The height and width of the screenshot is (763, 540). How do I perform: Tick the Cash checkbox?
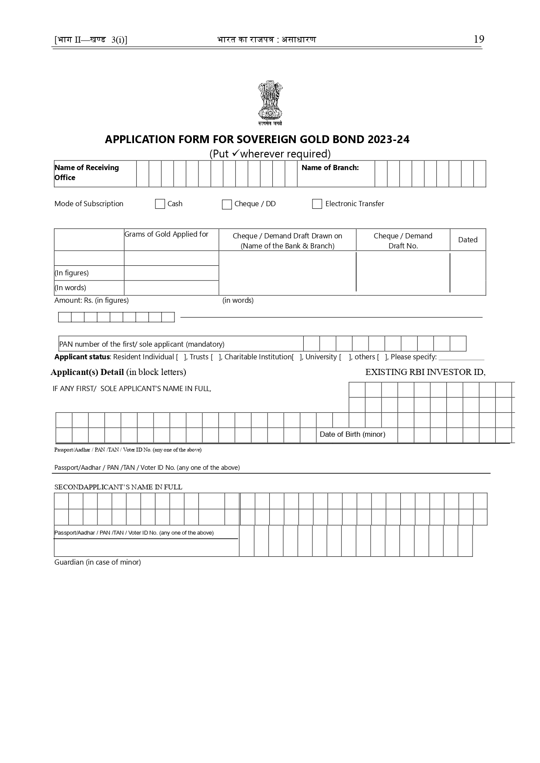click(160, 204)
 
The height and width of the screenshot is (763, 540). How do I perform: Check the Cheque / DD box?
click(227, 204)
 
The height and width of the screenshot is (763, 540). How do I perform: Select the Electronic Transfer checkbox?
click(317, 204)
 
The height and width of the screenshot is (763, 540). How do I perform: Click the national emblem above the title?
click(270, 102)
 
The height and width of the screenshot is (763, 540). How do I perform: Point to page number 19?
click(479, 39)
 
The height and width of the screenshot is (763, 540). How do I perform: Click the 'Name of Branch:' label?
click(330, 168)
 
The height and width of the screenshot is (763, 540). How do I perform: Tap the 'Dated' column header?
click(468, 240)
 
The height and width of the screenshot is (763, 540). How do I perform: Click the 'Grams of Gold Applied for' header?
click(166, 234)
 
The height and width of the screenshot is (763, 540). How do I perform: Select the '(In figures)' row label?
click(71, 273)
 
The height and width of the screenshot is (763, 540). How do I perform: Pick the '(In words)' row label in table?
click(70, 288)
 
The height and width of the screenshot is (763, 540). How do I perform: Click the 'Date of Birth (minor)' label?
click(352, 434)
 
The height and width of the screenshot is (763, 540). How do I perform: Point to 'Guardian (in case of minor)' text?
click(97, 562)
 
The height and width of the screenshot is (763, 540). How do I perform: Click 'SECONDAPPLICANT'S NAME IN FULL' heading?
click(118, 487)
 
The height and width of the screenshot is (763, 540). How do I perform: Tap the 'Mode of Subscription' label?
click(89, 204)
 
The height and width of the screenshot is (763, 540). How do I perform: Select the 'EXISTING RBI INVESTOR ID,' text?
click(425, 372)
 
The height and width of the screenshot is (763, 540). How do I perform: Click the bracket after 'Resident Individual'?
click(181, 357)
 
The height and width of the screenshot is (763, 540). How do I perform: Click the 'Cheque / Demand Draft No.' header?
click(403, 241)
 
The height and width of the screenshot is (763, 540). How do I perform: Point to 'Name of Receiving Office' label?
click(86, 172)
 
